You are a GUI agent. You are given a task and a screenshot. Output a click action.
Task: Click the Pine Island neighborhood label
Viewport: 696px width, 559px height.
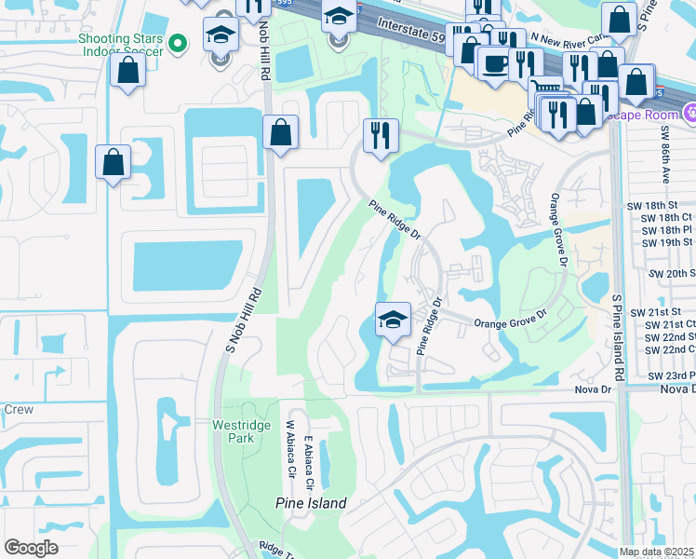[x=311, y=503]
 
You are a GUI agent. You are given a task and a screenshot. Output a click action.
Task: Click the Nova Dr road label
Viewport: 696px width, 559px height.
[x=596, y=389]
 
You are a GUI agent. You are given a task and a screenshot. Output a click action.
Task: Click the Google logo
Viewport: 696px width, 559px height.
[x=32, y=548]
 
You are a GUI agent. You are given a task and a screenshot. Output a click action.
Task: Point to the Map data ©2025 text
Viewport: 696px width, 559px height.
[x=656, y=552]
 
